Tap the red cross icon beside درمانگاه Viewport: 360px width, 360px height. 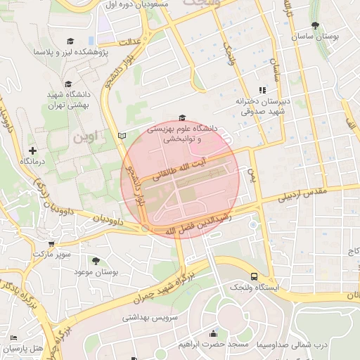(x=32, y=150)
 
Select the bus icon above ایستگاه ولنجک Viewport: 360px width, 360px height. (x=254, y=277)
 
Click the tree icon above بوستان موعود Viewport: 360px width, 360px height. (x=96, y=261)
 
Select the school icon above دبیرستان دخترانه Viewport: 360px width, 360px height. (x=262, y=90)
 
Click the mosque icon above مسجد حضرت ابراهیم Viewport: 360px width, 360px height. (x=213, y=333)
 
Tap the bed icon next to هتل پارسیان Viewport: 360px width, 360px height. (x=14, y=338)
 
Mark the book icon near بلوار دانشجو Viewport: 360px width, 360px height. (x=122, y=135)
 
